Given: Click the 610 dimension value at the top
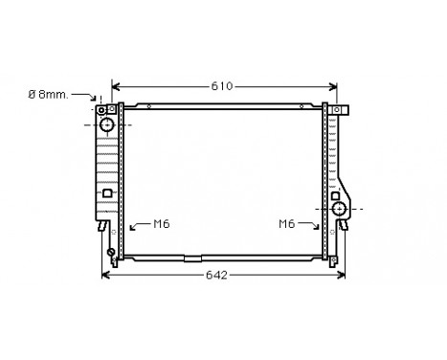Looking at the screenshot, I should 222,86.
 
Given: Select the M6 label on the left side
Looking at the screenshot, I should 162,224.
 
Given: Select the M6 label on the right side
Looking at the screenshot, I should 286,224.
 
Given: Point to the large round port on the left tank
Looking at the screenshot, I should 107,125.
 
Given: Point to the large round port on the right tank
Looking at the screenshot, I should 338,208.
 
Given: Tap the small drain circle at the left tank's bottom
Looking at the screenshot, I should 111,253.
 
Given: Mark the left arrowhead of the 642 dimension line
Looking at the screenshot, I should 104,276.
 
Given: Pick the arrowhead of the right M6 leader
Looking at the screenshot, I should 318,230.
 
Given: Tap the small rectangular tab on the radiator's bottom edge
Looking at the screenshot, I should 192,258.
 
